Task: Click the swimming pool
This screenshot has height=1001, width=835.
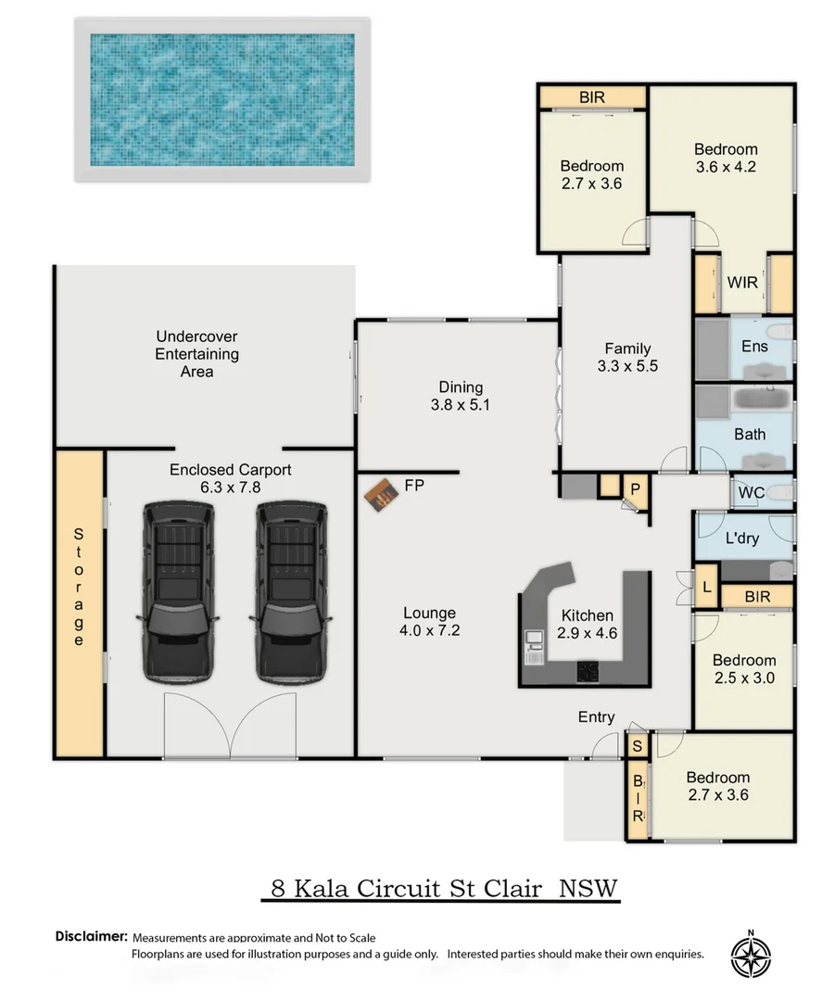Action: (x=222, y=99)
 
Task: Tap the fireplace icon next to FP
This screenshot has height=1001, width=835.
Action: (x=382, y=495)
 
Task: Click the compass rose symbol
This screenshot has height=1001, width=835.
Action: (x=751, y=956)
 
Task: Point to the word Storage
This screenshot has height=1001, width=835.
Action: (x=79, y=587)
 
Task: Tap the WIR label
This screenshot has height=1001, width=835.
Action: (x=742, y=282)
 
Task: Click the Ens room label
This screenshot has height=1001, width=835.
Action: (x=754, y=346)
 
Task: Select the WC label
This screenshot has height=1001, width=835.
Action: (x=752, y=493)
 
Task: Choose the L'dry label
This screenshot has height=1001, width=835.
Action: (x=742, y=539)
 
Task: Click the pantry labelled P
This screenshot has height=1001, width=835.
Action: (x=635, y=489)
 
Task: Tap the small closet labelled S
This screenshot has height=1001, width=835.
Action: (x=637, y=745)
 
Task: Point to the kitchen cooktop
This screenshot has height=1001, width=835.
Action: (x=588, y=672)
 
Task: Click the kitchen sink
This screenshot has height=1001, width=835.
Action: (x=534, y=647)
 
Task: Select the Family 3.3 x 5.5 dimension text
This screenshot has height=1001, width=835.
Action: (x=627, y=366)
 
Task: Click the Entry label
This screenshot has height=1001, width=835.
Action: (x=596, y=716)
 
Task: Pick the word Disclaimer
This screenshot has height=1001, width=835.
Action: (x=92, y=936)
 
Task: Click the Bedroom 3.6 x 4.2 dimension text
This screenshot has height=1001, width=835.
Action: (x=726, y=167)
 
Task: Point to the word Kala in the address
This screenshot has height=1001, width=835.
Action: (x=321, y=888)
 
